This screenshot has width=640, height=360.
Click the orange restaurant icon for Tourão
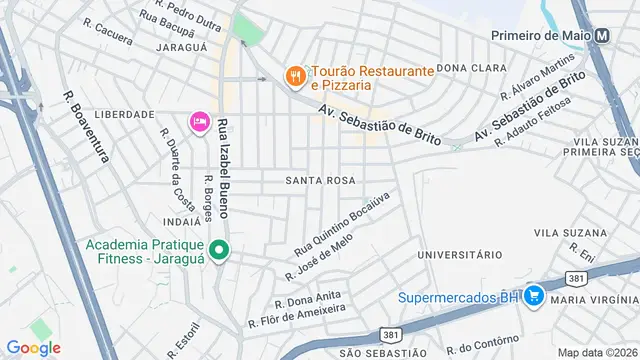tap(295, 76)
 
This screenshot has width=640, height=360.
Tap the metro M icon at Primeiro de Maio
tap(602, 35)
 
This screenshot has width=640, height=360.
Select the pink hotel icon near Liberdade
tap(198, 122)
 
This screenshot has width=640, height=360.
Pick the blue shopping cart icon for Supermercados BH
tap(534, 296)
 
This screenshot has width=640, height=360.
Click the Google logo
tap(33, 347)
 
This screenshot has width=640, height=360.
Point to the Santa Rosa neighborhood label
tap(320, 181)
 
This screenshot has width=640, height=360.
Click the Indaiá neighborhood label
tap(180, 221)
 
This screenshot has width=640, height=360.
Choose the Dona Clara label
tap(467, 68)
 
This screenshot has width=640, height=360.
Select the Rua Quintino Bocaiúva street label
tap(341, 221)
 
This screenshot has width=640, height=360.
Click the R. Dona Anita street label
tap(309, 299)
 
